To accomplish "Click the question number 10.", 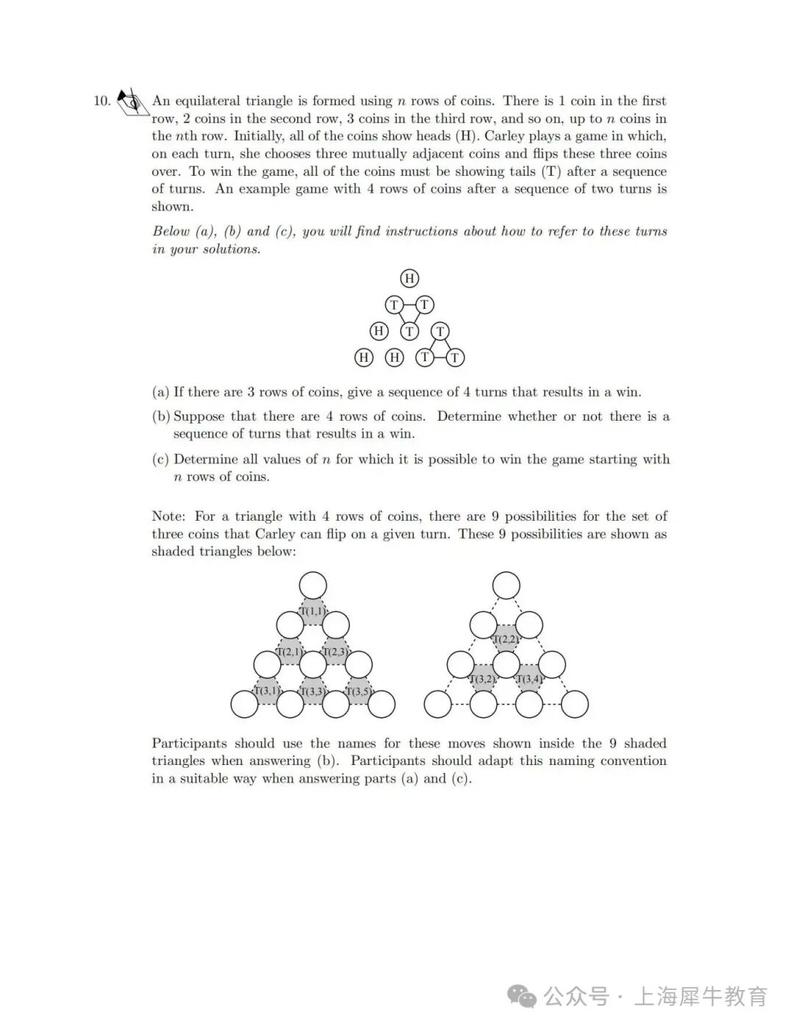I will (x=101, y=101).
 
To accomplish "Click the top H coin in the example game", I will (x=409, y=278).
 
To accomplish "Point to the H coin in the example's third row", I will (x=379, y=331).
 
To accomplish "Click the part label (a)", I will (x=160, y=392).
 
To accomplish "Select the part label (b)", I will (x=160, y=416).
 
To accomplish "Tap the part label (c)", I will (x=160, y=460).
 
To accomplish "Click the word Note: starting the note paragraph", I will (x=169, y=516).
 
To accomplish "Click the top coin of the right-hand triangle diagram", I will (x=506, y=586).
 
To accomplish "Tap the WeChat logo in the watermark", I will (x=523, y=997).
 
